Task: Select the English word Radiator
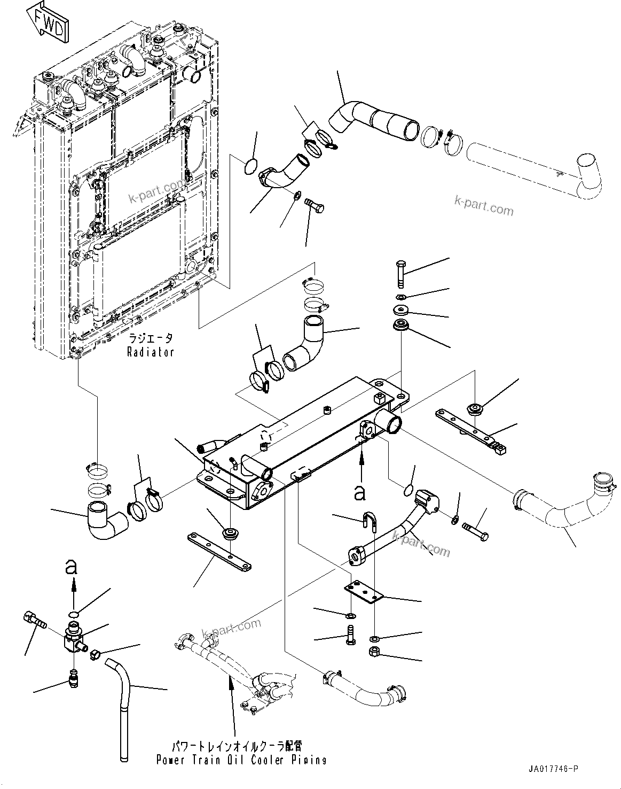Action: [x=151, y=352]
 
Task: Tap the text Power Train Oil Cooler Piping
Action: [x=241, y=760]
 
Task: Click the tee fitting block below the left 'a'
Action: [x=72, y=639]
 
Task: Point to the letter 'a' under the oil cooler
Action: [x=361, y=492]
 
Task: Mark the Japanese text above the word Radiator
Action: [x=151, y=339]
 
